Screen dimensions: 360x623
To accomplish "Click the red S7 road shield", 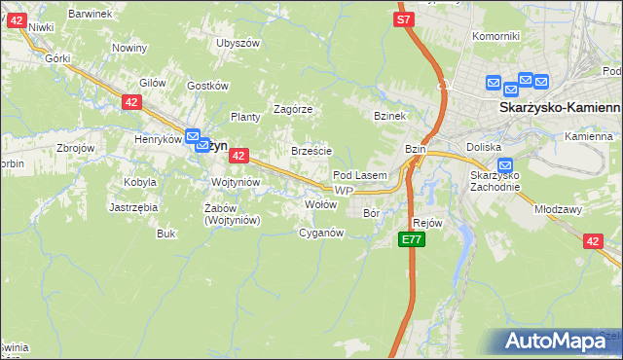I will [405, 18].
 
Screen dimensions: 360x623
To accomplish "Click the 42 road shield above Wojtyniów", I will [239, 155].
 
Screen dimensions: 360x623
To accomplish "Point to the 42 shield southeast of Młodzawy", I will [593, 241].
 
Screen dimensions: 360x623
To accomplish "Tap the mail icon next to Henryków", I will [193, 139].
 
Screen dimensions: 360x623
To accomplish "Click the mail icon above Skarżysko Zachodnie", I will [504, 165].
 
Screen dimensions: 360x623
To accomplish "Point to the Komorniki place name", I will [495, 36].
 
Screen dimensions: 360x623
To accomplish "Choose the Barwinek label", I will [91, 14].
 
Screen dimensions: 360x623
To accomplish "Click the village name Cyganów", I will [321, 233].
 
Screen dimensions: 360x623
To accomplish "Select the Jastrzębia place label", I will [133, 207].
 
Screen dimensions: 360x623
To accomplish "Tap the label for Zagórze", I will [292, 109].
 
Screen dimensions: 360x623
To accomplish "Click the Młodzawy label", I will [557, 208].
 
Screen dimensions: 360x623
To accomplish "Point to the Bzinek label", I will [388, 116].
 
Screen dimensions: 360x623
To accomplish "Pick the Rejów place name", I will [428, 223].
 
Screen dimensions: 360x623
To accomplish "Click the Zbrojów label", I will [75, 148].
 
